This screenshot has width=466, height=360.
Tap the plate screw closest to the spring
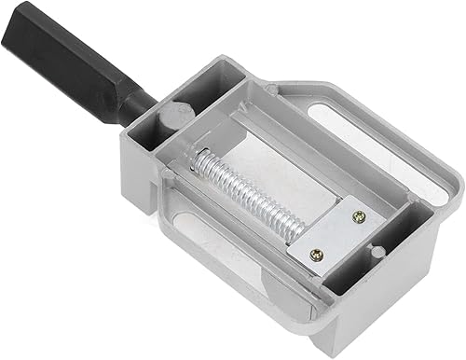(317, 253)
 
